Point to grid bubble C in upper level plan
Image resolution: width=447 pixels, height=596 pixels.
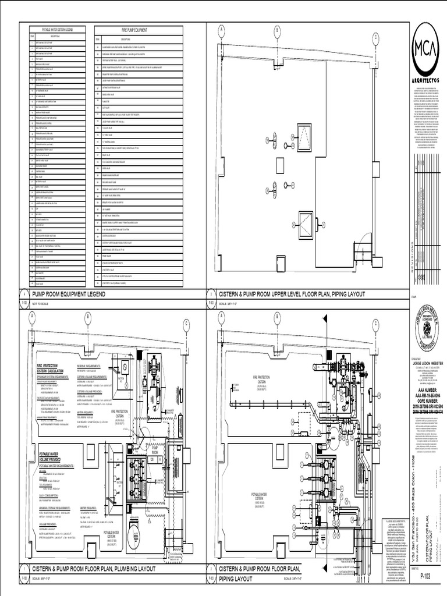pyautogui.click(x=376, y=37)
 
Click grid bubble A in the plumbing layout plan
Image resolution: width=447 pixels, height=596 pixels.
pyautogui.click(x=33, y=316)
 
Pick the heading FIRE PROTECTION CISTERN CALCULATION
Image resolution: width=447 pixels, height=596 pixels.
pyautogui.click(x=54, y=367)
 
